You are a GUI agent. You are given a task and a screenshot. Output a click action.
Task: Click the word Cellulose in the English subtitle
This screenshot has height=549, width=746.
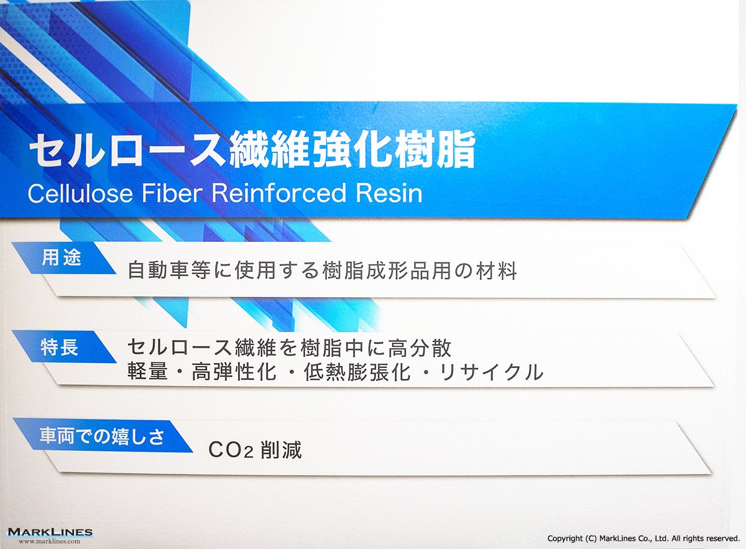pyautogui.click(x=80, y=193)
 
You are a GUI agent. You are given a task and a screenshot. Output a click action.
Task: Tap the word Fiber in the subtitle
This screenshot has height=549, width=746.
pyautogui.click(x=172, y=193)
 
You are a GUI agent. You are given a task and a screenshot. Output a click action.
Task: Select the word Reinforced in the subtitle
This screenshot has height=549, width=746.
pyautogui.click(x=279, y=193)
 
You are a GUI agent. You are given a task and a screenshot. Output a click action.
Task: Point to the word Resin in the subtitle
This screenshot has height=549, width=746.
pyautogui.click(x=389, y=193)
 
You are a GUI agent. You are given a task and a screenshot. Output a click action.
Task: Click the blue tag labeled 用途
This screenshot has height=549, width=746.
pyautogui.click(x=63, y=258)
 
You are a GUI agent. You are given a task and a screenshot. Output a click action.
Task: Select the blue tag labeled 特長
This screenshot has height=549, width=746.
pyautogui.click(x=63, y=347)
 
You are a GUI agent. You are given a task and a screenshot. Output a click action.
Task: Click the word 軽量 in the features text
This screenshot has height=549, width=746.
pyautogui.click(x=147, y=372)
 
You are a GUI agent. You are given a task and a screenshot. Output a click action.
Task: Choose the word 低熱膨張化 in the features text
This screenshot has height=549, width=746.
pyautogui.click(x=357, y=372)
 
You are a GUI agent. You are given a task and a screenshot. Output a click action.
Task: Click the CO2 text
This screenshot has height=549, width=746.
pyautogui.click(x=231, y=450)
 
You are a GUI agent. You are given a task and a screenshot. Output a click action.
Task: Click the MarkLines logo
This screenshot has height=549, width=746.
pyautogui.click(x=50, y=532)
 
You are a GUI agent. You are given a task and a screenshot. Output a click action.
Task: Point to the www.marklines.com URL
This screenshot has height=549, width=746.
pyautogui.click(x=49, y=541)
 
